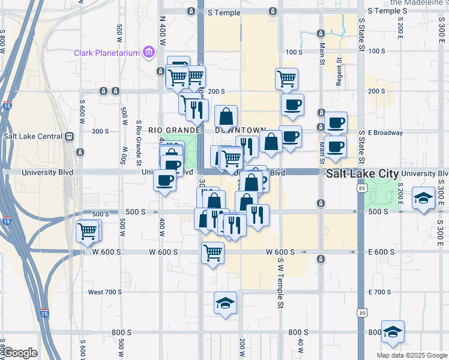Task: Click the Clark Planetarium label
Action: tap(107, 53)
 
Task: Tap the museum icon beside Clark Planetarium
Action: tap(149, 53)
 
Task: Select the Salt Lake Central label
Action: tap(34, 136)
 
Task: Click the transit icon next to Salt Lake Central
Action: tap(70, 136)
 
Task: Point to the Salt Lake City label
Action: tap(362, 173)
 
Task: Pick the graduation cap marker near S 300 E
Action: tap(423, 198)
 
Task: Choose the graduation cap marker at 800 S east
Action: tap(393, 331)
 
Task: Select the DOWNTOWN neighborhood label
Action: tap(240, 130)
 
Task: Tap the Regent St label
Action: tap(339, 72)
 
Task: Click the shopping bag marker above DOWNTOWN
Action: tap(226, 116)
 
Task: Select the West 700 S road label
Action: tap(104, 292)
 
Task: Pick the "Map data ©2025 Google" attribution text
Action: tap(411, 355)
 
